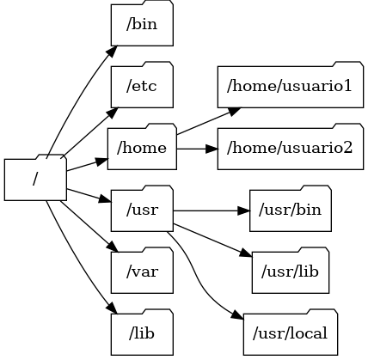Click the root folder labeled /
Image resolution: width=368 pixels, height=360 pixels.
coord(35,179)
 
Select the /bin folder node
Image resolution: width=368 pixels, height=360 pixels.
coord(142,23)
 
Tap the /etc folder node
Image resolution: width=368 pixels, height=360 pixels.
coord(142,85)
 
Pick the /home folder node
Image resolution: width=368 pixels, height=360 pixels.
coord(142,147)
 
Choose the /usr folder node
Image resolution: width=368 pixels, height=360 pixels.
coord(142,210)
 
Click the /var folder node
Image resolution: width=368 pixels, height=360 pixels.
coord(142,272)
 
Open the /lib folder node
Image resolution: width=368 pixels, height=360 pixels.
coord(142,333)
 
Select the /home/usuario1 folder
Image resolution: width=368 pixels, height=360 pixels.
coord(290,85)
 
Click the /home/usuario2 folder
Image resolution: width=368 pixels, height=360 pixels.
coord(290,147)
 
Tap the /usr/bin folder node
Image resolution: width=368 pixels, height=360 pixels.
coord(290,210)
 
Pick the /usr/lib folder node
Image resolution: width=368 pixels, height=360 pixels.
coord(290,272)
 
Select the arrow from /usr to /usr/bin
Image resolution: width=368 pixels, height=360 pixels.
coord(211,210)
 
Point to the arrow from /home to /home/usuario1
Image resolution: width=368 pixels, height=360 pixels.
coord(206,120)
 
